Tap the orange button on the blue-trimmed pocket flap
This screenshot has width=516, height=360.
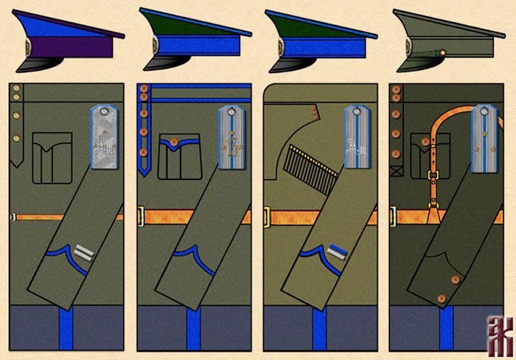click(x=174, y=140)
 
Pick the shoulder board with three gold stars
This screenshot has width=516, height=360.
click(x=483, y=137)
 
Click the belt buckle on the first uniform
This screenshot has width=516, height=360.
click(x=13, y=217)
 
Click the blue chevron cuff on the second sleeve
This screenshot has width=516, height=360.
click(x=189, y=255)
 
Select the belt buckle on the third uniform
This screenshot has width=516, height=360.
click(x=267, y=217)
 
